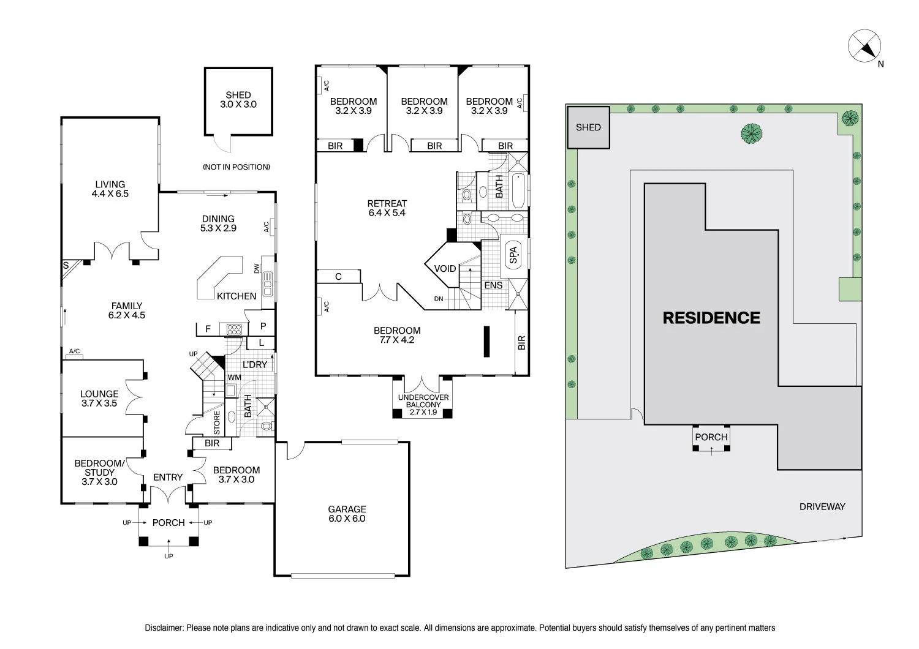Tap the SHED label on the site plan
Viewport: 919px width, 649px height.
(588, 127)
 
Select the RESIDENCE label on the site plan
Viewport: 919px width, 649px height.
(711, 318)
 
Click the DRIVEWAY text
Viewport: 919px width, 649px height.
(822, 506)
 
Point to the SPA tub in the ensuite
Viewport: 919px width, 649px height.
(513, 255)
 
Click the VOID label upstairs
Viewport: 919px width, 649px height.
(445, 269)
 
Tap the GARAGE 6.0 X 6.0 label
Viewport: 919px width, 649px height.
(347, 514)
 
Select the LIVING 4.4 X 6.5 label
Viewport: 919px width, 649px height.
(110, 189)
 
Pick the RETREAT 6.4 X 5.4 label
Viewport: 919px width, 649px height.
(387, 208)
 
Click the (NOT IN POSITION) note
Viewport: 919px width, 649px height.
(236, 167)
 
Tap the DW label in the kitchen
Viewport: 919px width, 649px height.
(257, 268)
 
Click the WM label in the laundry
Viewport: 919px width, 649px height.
(234, 378)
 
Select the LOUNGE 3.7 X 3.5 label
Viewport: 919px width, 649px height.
(99, 399)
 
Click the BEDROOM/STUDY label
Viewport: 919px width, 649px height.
(99, 472)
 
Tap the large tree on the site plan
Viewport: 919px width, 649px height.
(751, 133)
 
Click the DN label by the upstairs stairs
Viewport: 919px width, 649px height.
(439, 299)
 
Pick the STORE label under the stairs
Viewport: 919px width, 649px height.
(217, 423)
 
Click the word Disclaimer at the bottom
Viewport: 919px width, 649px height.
(164, 628)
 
